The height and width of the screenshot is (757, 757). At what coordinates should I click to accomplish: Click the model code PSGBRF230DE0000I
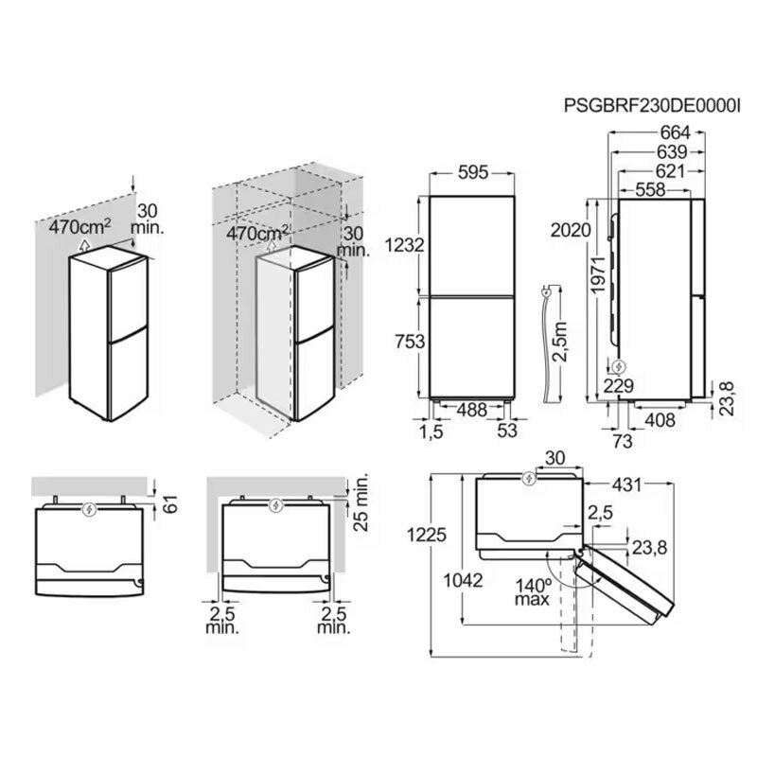click(x=652, y=105)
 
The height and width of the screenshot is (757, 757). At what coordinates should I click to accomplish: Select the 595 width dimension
click(x=473, y=173)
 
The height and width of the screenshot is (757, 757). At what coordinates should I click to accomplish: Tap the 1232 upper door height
click(x=405, y=245)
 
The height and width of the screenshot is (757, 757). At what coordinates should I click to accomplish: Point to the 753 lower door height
click(x=410, y=342)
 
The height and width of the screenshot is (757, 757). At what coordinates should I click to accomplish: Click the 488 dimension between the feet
click(x=471, y=411)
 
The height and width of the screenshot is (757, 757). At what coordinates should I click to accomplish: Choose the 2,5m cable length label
click(x=561, y=343)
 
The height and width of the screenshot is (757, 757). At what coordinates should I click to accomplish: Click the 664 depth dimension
click(x=676, y=132)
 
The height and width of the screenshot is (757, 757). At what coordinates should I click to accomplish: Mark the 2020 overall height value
click(x=571, y=230)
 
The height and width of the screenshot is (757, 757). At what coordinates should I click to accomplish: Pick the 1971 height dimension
click(x=599, y=274)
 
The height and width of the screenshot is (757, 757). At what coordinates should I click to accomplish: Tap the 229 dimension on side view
click(x=619, y=386)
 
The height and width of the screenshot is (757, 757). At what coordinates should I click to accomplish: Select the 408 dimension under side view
click(x=660, y=420)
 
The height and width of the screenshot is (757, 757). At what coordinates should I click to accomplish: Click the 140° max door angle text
click(x=532, y=592)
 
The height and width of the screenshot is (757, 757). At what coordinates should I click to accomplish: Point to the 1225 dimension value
click(x=427, y=535)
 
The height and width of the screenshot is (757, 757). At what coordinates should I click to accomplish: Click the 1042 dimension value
click(x=463, y=581)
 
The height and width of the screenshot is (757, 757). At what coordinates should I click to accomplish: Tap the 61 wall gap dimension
click(x=171, y=504)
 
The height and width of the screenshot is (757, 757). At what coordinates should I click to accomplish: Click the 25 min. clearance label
click(x=361, y=502)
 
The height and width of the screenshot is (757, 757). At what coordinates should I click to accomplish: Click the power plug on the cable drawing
click(x=545, y=292)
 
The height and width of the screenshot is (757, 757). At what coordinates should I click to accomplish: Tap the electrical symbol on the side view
click(x=618, y=367)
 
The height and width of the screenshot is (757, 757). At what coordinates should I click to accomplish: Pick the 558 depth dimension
click(x=650, y=190)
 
